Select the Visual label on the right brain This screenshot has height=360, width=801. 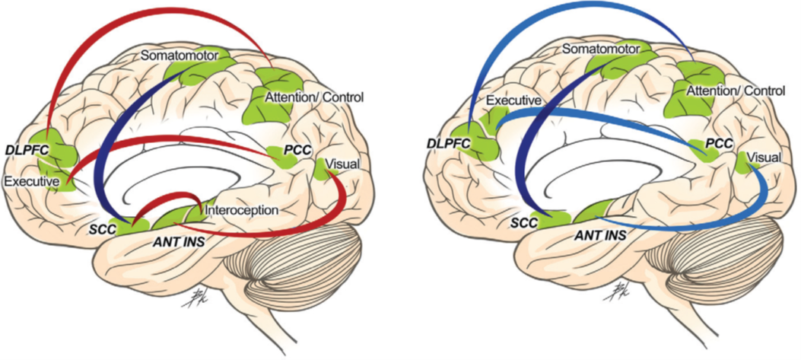point(764,158)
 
